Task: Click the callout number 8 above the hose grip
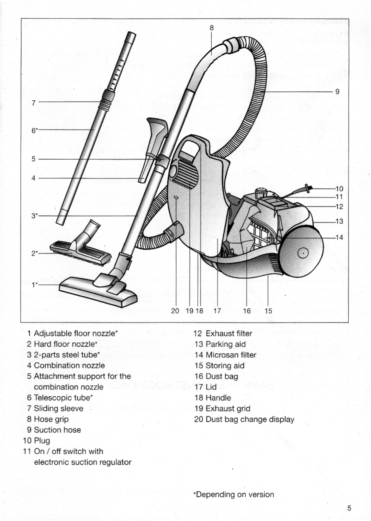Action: (x=212, y=28)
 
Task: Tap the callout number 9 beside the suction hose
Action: (x=337, y=92)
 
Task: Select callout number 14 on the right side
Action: (x=339, y=237)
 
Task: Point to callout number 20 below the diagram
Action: (x=175, y=311)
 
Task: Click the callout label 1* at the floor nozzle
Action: (x=35, y=285)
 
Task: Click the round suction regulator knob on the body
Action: (x=261, y=191)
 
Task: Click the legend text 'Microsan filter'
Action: (x=231, y=355)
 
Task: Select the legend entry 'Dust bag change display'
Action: (x=250, y=419)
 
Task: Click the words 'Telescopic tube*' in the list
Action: (x=64, y=398)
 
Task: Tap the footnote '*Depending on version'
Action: (x=234, y=495)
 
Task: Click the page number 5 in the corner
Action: (x=349, y=509)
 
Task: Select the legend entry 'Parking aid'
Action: (x=225, y=344)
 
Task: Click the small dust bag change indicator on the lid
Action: (x=176, y=198)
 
